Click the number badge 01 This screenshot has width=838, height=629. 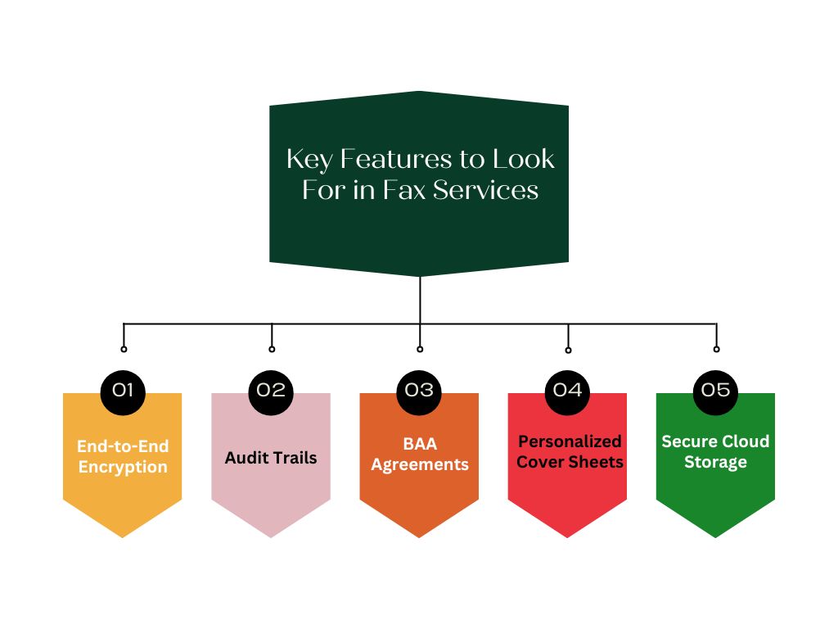123,391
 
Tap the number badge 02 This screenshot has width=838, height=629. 271,391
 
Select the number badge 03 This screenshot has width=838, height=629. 419,391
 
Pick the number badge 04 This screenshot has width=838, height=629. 567,391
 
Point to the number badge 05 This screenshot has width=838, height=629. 716,391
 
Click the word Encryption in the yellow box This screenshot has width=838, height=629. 123,468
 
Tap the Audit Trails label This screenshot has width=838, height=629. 271,457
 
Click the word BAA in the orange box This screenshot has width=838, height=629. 420,444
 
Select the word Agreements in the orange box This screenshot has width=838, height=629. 420,465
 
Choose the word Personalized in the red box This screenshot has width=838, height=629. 570,441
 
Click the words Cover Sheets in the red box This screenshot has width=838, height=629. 570,462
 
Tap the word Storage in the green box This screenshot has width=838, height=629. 716,462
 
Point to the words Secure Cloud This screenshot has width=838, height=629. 716,441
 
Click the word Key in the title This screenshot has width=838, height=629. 307,159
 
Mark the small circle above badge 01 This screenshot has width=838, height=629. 124,349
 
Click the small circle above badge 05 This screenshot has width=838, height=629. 716,349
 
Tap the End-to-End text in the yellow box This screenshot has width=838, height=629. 123,447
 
